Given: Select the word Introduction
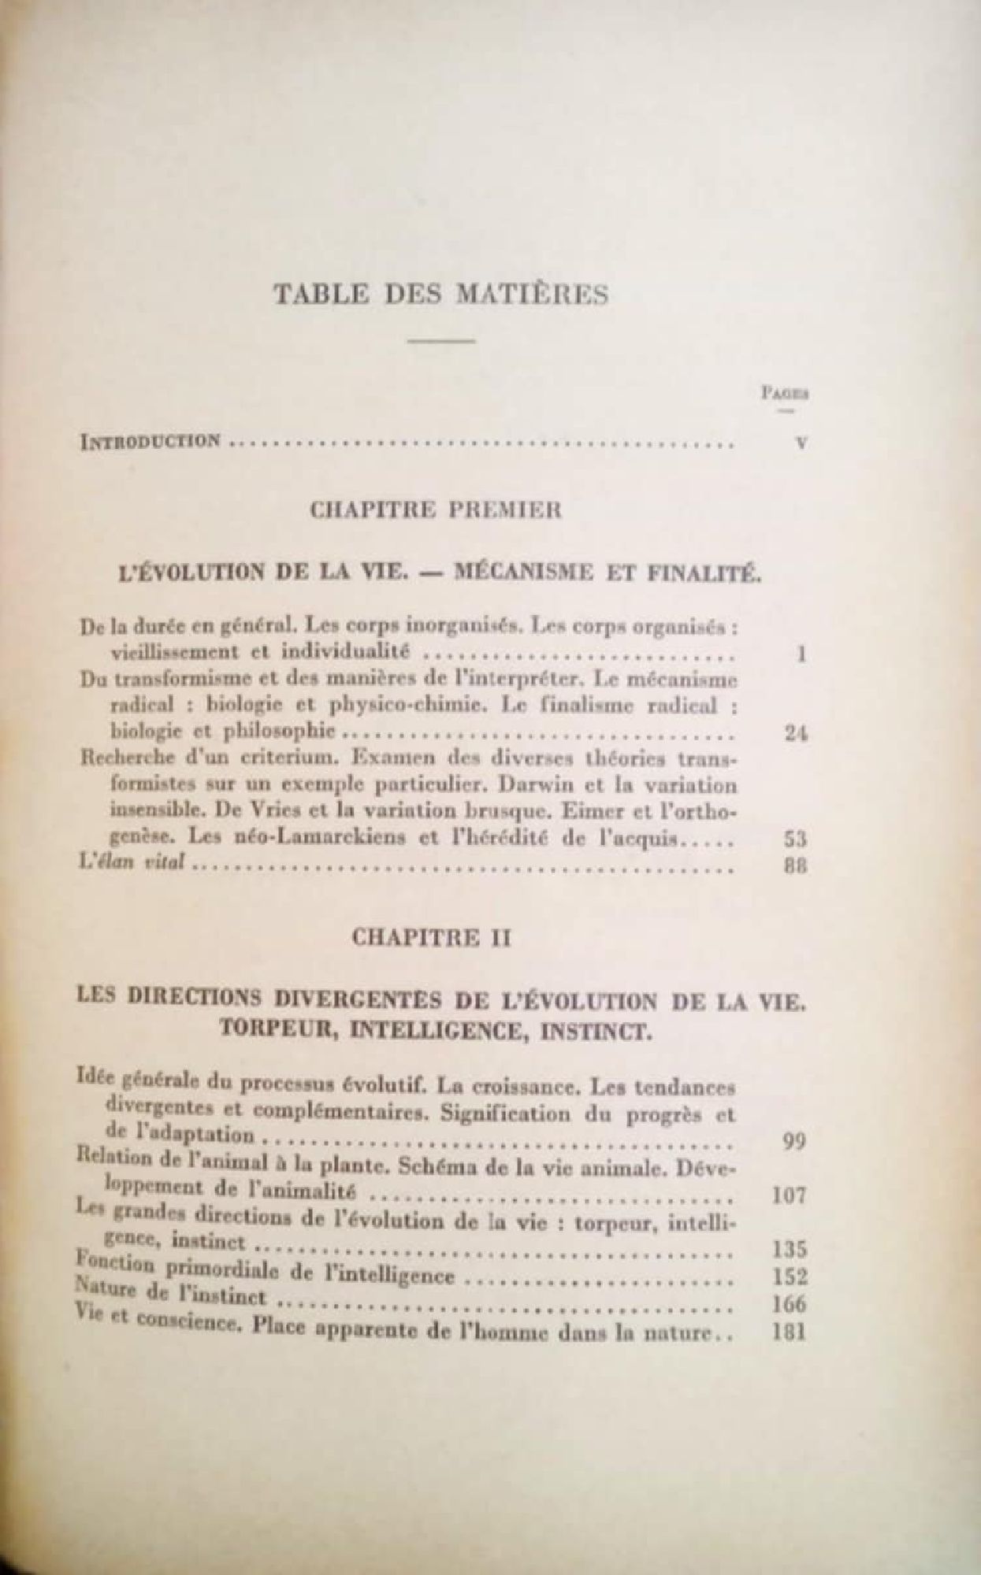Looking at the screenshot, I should (150, 440).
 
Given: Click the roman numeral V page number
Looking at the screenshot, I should (801, 443).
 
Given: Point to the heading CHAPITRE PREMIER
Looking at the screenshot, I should (436, 510).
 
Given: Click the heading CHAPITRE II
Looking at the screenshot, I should (433, 938).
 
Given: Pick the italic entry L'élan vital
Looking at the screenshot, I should (132, 863).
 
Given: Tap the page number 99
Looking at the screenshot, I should (794, 1141).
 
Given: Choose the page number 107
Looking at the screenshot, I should (789, 1196).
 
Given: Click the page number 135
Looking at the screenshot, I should (789, 1250).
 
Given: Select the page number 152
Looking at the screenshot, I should (789, 1277).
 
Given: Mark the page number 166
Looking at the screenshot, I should (789, 1305).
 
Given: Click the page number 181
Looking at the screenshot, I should (789, 1334).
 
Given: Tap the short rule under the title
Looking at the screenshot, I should (442, 341).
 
